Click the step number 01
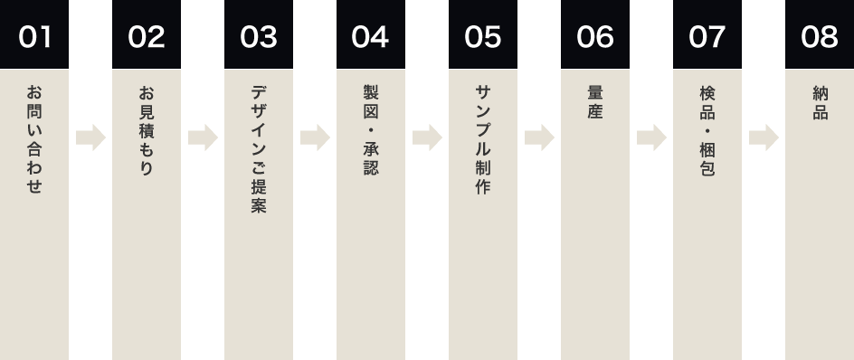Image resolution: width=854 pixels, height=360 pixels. point(34,37)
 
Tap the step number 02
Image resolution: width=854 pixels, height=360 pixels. point(147,37)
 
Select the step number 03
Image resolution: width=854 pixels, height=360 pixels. point(259,37)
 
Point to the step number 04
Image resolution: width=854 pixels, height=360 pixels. point(371,37)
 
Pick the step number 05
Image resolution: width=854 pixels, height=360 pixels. point(483,37)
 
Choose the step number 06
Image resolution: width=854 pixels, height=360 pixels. point(595,37)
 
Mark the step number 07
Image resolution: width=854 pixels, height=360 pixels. point(707,37)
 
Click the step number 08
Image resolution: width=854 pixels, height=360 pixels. point(820,37)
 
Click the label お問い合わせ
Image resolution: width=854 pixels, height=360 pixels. point(34,139)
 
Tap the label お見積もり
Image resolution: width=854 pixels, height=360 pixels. point(147,131)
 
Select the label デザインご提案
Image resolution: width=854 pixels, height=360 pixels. point(259,149)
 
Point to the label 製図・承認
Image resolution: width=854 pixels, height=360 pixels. point(371,130)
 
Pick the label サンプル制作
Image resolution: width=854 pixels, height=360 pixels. point(483,140)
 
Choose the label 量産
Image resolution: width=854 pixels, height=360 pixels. point(595,103)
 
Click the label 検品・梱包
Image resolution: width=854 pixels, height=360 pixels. point(707,130)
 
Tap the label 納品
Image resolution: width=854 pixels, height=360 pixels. point(820,103)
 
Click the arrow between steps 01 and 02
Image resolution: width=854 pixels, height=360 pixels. point(90,138)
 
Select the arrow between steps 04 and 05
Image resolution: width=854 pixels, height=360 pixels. point(427,138)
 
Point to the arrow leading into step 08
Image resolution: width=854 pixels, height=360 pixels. point(764,138)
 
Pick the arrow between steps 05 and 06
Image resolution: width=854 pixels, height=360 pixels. point(539,138)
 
